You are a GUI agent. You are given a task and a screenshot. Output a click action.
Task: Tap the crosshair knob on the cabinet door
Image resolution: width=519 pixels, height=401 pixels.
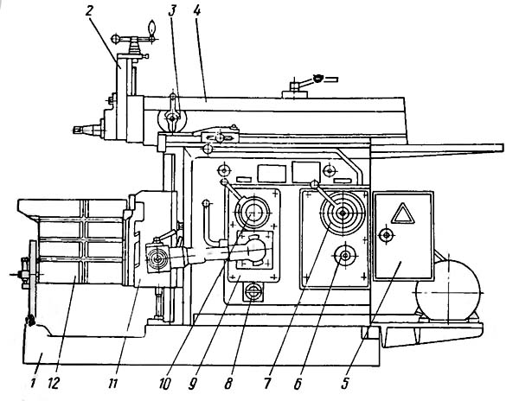[x=386, y=234]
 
